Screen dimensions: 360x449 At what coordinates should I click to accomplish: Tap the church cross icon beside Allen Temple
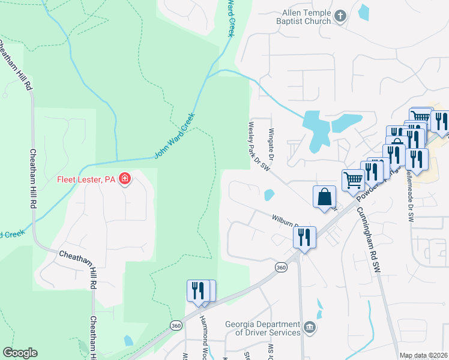[x=340, y=16]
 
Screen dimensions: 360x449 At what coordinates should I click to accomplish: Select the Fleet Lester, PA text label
[x=86, y=179]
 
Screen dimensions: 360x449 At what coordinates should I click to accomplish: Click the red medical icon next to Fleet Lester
[x=124, y=178]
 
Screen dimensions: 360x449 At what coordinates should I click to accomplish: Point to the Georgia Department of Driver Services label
[x=263, y=328]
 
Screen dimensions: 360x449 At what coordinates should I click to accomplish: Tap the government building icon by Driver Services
[x=309, y=327]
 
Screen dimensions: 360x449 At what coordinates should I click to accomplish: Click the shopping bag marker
[x=324, y=197]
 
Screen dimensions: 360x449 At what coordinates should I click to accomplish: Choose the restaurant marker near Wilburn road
[x=304, y=237]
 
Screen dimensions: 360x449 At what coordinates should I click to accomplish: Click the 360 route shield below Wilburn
[x=280, y=266]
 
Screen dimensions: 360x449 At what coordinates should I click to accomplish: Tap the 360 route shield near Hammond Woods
[x=175, y=325]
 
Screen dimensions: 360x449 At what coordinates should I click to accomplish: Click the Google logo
[x=20, y=353]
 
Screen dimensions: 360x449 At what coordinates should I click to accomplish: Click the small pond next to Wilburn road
[x=269, y=194]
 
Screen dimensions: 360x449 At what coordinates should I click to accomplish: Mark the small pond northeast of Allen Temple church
[x=363, y=12]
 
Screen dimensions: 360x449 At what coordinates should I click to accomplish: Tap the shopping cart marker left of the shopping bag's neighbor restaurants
[x=353, y=179]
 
